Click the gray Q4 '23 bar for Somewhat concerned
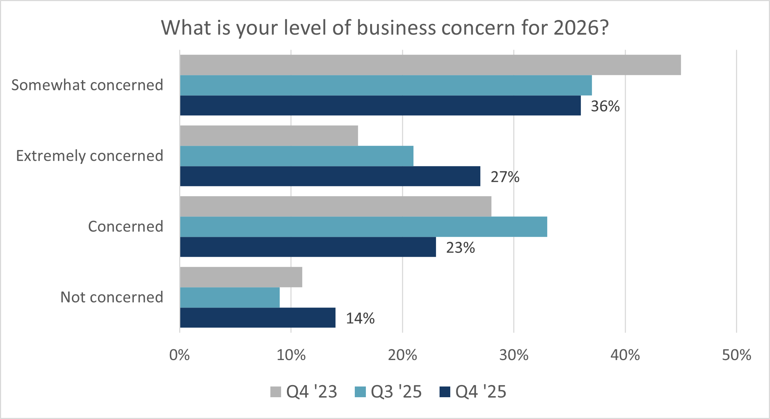(x=430, y=65)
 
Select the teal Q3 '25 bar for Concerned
(x=363, y=227)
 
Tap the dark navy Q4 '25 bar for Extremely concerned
(x=330, y=176)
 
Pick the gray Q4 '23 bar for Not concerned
(x=241, y=277)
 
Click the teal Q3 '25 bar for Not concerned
(x=230, y=298)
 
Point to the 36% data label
(x=605, y=106)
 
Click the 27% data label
(x=505, y=177)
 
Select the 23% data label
(x=460, y=248)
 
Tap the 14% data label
(x=360, y=319)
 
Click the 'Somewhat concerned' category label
(x=87, y=85)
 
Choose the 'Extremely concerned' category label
(x=90, y=156)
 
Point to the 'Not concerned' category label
(x=112, y=298)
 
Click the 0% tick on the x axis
(x=180, y=355)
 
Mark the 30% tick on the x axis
(x=514, y=355)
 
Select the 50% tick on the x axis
(x=736, y=355)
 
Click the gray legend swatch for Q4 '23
(x=276, y=392)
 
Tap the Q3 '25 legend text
(x=396, y=392)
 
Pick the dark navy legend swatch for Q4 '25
(x=445, y=392)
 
